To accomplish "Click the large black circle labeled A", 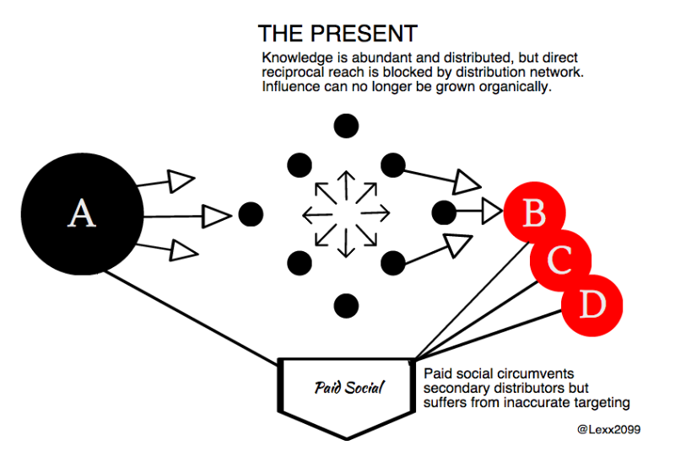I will (81, 214).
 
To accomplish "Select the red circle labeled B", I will (533, 214).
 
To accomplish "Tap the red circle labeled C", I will (559, 260).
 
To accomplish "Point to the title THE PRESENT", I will (337, 34).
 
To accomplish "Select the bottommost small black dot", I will (345, 304).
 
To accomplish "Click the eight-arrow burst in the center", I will (345, 212).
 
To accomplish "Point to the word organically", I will (515, 86).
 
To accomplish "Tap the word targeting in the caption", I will (601, 403).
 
